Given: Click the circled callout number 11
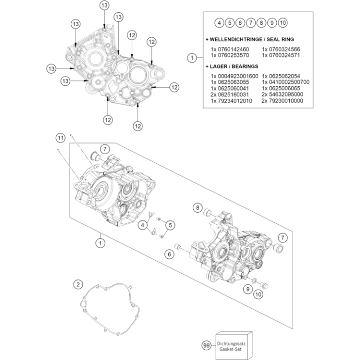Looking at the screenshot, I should coord(60,139).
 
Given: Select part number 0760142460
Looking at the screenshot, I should coord(230,49).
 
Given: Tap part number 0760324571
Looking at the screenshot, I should coord(281,56).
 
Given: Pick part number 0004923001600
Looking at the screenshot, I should coord(235,76).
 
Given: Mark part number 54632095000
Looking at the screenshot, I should coord(282,94).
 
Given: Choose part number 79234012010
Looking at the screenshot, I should coord(231,101).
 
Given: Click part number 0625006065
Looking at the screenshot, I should coord(281,88).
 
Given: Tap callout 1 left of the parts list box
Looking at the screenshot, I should coord(192,58).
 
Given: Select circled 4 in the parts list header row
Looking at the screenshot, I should coord(219,23).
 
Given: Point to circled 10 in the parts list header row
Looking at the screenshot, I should coord(283,23).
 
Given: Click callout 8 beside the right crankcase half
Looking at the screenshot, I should coord(197,208).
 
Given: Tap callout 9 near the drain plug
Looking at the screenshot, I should coord(247,289).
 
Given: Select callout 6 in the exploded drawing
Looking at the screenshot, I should coord(169,253).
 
